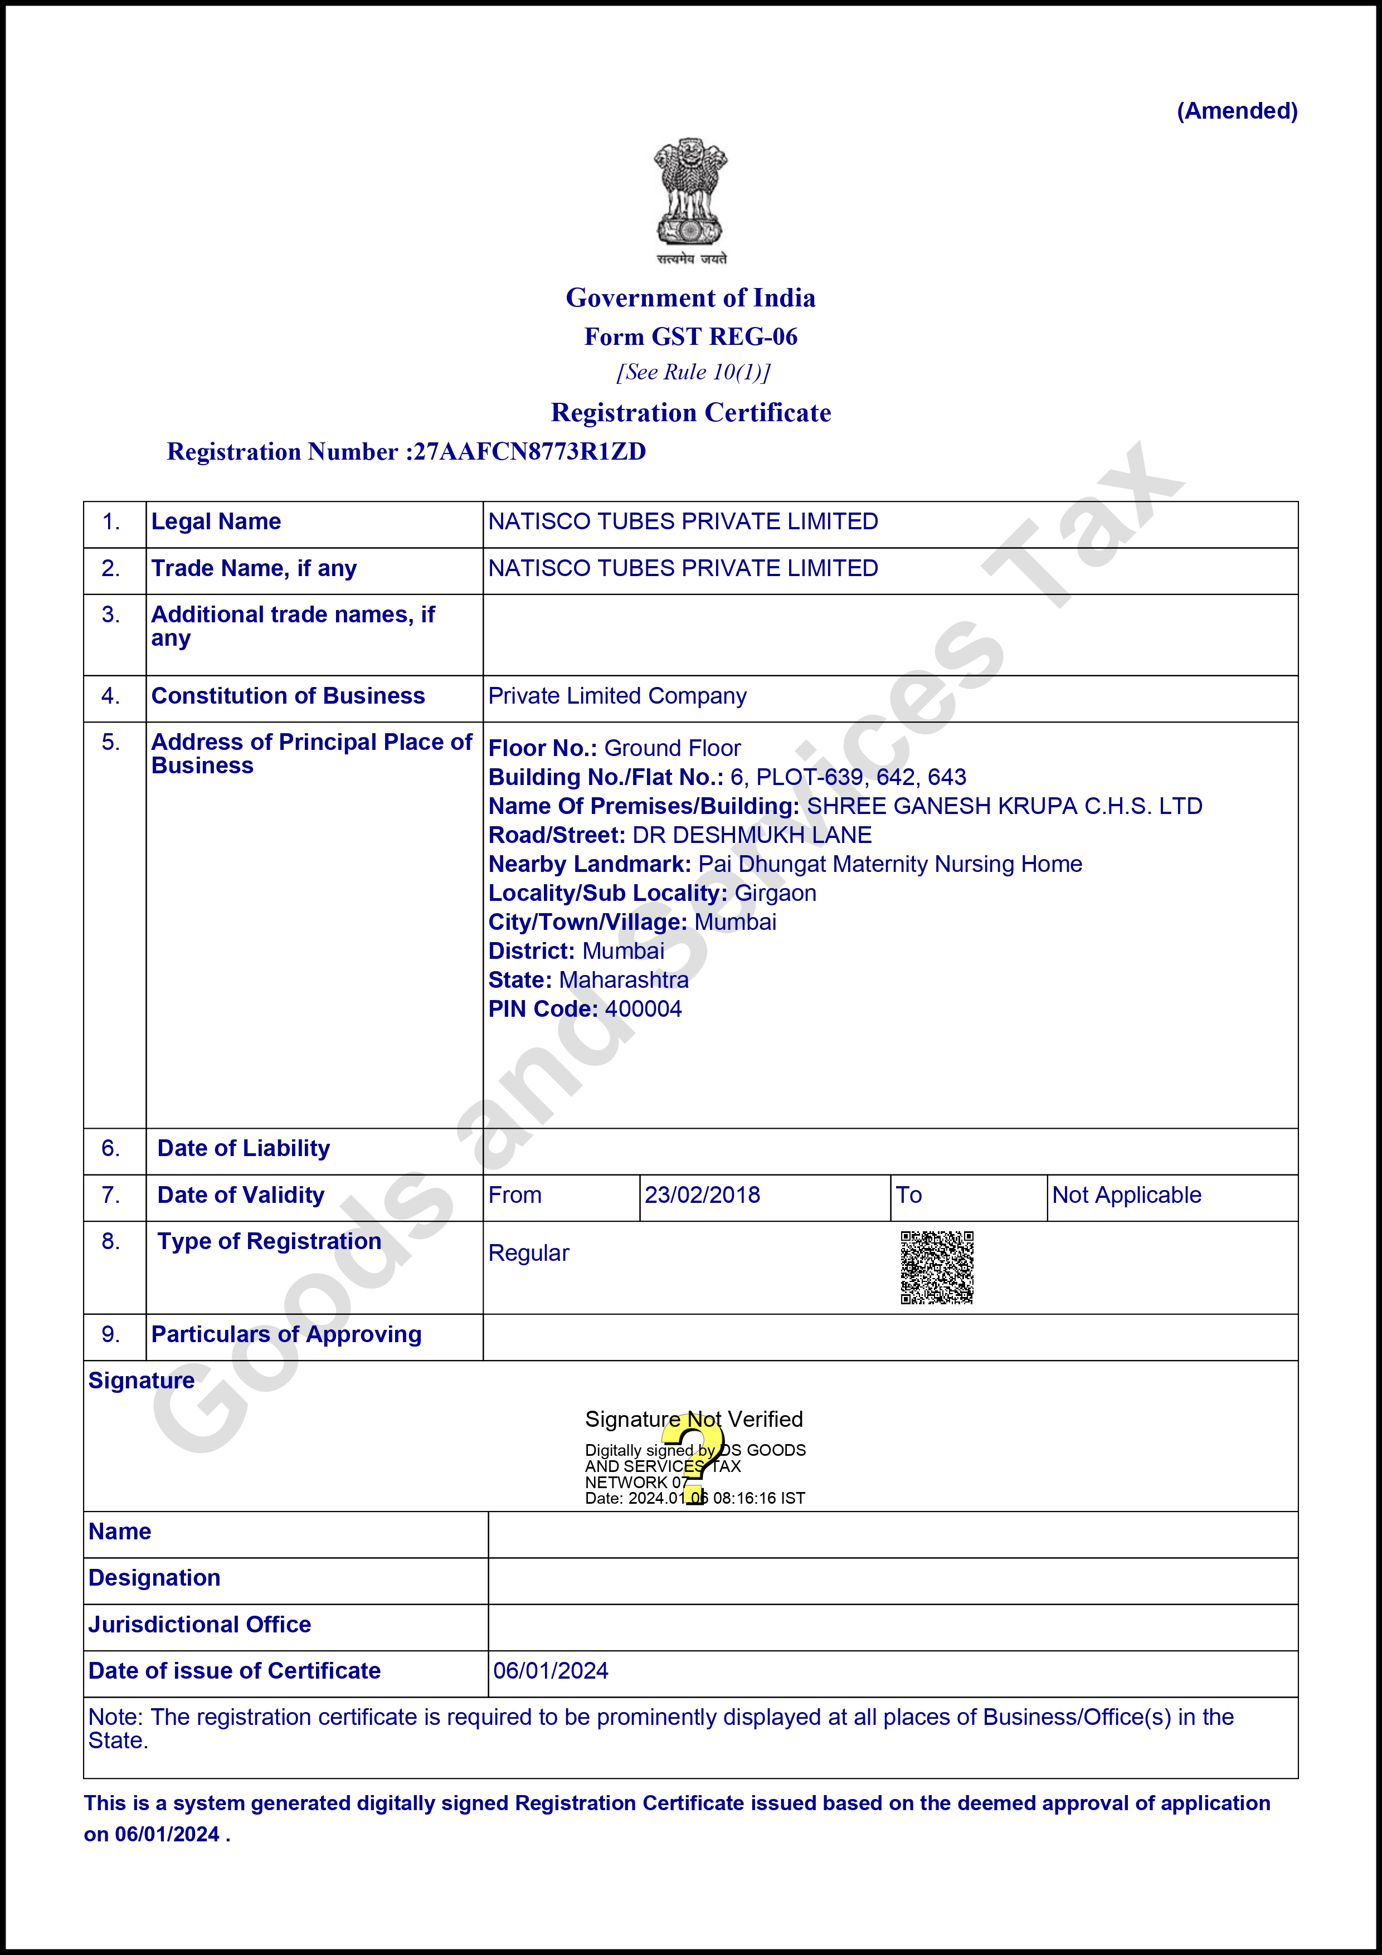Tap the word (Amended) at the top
pos(1237,111)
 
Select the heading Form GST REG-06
pos(690,337)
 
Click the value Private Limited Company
pos(617,696)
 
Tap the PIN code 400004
pos(643,1009)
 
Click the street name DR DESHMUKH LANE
pos(752,835)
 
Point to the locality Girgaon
pos(775,893)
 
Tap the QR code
pos(937,1267)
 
